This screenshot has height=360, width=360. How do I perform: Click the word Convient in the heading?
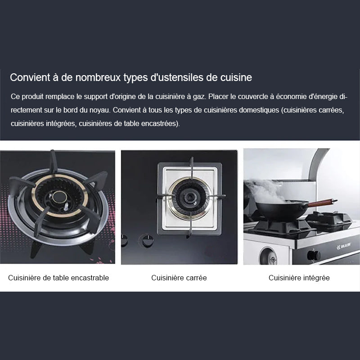(30, 77)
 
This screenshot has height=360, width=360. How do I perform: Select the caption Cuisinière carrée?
(179, 278)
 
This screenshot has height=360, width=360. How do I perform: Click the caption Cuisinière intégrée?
(299, 278)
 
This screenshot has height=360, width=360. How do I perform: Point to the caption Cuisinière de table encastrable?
(58, 278)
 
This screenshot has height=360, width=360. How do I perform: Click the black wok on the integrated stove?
(282, 210)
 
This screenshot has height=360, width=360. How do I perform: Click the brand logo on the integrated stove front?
(344, 247)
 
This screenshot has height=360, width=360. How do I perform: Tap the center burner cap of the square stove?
(190, 197)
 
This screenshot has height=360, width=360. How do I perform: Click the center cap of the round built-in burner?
(59, 197)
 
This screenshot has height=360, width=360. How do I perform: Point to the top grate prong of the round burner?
(54, 161)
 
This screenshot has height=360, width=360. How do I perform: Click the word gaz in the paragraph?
(198, 97)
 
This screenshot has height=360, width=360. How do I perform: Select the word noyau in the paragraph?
(103, 110)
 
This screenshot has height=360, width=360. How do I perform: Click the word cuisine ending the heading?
(236, 77)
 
